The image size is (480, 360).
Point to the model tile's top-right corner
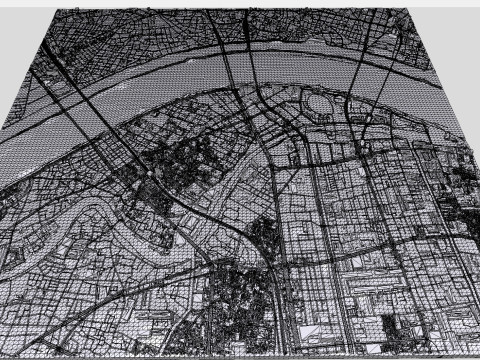(411, 9)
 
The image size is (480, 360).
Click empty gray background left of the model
(15, 60)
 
